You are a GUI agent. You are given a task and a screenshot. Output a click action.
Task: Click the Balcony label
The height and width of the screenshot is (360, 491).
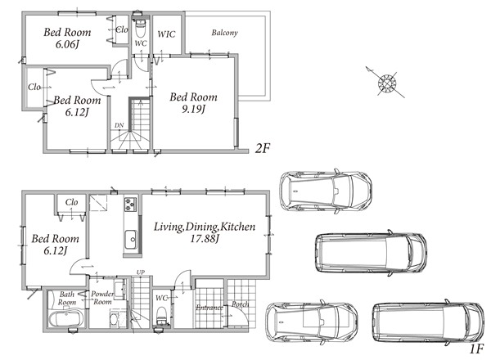point(224,33)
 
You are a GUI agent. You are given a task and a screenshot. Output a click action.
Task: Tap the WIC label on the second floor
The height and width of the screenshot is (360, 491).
point(166,34)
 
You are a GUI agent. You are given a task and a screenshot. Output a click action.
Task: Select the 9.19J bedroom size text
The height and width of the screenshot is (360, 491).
point(193,110)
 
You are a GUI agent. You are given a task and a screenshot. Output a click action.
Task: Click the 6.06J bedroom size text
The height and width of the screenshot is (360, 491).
point(67,44)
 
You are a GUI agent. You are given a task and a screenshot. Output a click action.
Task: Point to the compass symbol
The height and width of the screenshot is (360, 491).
point(387,83)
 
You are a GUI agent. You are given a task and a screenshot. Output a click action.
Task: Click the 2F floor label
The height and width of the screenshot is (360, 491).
point(262,148)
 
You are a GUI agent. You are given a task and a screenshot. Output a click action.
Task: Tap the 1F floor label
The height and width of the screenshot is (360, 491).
point(476,349)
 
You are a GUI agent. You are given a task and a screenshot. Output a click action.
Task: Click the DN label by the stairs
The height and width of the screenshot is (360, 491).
point(119,125)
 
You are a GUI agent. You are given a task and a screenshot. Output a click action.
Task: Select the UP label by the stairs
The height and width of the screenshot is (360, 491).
point(140,272)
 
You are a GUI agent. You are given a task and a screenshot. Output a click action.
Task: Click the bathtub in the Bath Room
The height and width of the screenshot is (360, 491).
point(66,317)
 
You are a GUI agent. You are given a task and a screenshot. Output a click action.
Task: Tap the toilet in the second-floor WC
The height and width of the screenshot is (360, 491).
point(140,29)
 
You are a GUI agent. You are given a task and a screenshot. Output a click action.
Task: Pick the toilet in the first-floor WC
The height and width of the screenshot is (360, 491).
point(161,316)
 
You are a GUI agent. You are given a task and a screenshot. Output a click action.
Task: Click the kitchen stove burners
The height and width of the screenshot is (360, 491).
point(131,204)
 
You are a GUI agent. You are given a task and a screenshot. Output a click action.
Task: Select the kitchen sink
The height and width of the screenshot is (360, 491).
point(131,240)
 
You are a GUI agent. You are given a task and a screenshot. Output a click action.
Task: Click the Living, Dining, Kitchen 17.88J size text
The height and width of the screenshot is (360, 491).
point(205,239)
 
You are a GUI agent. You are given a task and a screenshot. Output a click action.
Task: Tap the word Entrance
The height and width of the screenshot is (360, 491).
point(209,308)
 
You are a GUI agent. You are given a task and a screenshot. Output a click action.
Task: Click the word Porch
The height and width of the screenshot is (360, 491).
point(241,304)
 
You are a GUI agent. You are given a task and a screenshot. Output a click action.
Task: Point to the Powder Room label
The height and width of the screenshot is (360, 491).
point(102,298)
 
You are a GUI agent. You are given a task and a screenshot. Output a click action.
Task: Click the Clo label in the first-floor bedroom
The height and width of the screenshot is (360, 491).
point(71,202)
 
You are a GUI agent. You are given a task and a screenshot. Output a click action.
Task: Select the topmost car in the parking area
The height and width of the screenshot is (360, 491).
point(326,191)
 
